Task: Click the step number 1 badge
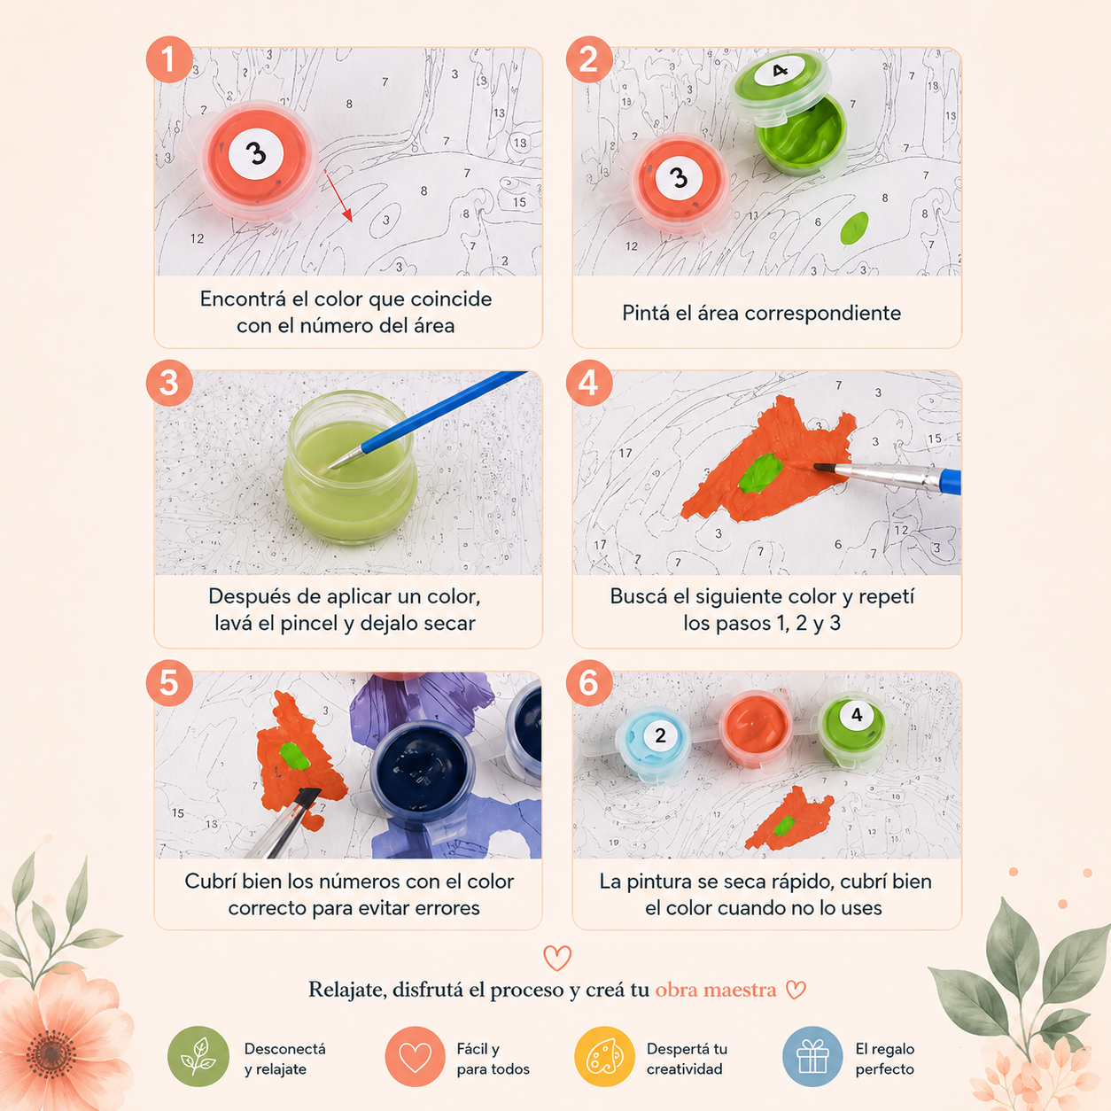tap(169, 59)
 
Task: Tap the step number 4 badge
tap(588, 384)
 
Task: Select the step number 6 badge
tap(588, 683)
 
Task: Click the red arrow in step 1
tap(338, 196)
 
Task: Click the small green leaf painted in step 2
tap(854, 228)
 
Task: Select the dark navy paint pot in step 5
tap(423, 767)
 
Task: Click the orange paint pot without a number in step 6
tap(755, 727)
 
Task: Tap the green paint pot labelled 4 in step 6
tap(852, 730)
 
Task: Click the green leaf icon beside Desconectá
tap(198, 1056)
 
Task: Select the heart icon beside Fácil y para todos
tap(416, 1056)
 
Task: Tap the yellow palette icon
tap(604, 1056)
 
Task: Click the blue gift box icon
tap(812, 1056)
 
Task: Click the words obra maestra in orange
tap(716, 990)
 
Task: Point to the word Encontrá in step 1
tap(243, 299)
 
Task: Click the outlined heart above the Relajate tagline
tap(557, 958)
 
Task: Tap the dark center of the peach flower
tap(51, 1054)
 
